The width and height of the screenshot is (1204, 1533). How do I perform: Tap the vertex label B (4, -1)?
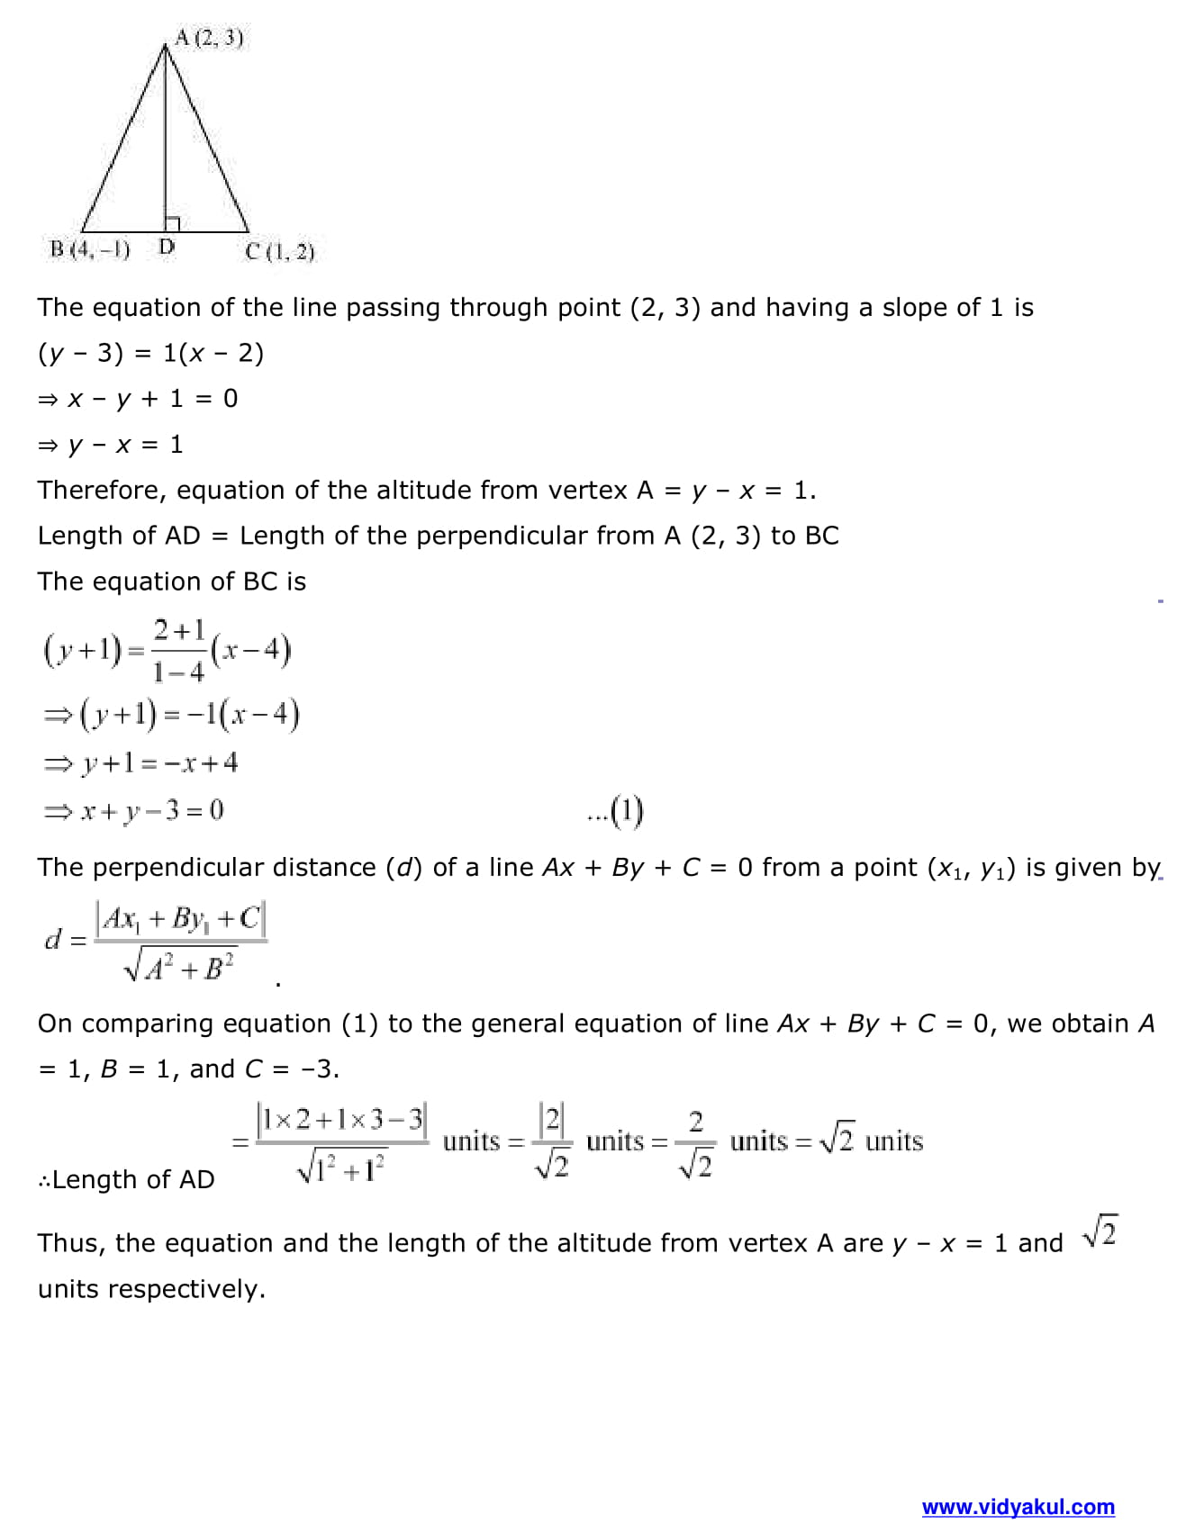(x=90, y=249)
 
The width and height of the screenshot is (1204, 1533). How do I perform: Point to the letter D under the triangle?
(x=167, y=246)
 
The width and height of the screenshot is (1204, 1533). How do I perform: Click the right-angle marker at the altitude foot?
(x=172, y=224)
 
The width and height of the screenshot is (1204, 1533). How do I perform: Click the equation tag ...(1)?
(x=615, y=811)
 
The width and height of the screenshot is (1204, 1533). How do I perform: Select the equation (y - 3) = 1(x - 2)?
(x=150, y=353)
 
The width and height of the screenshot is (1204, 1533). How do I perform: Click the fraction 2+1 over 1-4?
(x=178, y=650)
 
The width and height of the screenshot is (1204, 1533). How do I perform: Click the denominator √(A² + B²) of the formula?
(x=180, y=968)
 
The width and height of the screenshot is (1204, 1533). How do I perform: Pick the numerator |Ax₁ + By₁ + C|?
(x=181, y=919)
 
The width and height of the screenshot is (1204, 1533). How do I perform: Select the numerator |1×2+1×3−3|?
(x=341, y=1120)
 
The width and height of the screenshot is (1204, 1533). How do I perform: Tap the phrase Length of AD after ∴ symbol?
(x=133, y=1179)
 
